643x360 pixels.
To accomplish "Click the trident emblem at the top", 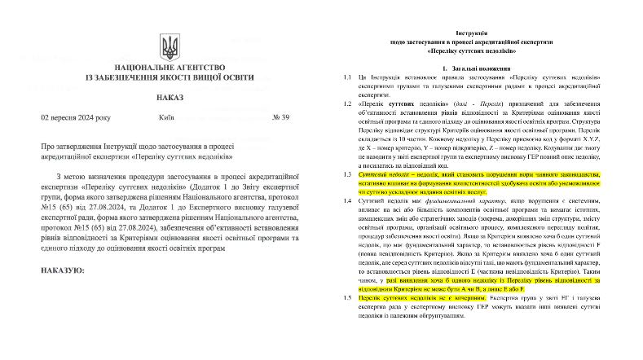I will pos(170,46).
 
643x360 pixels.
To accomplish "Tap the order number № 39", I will pos(299,117).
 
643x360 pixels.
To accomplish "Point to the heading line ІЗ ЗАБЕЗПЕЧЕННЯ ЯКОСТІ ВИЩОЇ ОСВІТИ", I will pos(170,82).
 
